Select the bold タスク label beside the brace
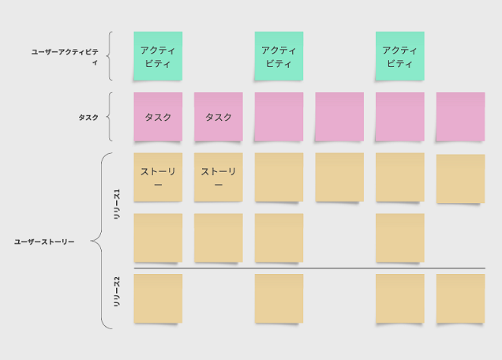pos(88,118)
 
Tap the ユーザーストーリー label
pos(44,241)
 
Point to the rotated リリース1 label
pos(118,197)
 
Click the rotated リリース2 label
pos(118,292)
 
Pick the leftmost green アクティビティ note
pos(158,56)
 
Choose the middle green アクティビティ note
pos(279,56)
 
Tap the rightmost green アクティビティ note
pos(399,56)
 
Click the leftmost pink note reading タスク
pos(158,117)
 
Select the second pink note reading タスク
pos(219,117)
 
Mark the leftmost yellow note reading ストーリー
pos(158,178)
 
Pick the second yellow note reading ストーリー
pos(219,178)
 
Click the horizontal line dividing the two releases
pos(308,268)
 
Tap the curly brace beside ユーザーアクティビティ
pos(111,56)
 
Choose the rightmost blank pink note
pos(460,117)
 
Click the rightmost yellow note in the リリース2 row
pos(460,298)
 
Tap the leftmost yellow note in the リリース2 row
pos(158,298)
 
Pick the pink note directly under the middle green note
pos(279,117)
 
